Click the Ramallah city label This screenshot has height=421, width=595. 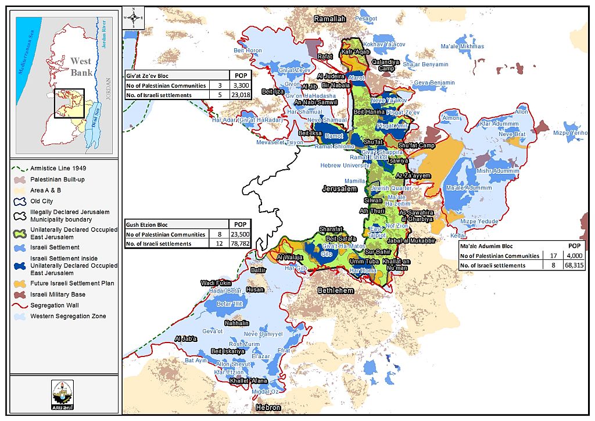click(x=329, y=19)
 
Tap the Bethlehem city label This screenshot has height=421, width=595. click(x=335, y=290)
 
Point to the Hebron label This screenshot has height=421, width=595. click(x=268, y=408)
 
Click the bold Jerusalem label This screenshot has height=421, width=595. click(x=339, y=189)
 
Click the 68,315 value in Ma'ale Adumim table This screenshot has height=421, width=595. click(x=574, y=265)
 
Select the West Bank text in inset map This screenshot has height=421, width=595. click(x=80, y=66)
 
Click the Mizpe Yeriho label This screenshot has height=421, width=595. click(x=572, y=133)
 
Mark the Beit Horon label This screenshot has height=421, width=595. click(x=248, y=51)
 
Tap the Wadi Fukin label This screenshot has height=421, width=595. click(x=216, y=283)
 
